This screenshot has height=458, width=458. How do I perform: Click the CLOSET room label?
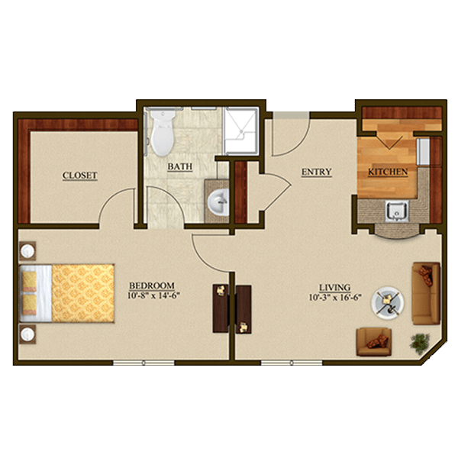point(79,176)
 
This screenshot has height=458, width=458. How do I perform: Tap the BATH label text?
point(180,166)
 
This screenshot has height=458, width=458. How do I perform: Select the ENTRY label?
point(317,172)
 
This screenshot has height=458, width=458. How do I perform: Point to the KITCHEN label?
point(388,172)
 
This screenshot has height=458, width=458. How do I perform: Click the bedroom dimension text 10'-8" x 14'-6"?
point(153,295)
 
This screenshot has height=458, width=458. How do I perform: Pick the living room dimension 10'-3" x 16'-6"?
point(335,298)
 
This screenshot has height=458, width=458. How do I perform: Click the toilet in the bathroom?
point(163,132)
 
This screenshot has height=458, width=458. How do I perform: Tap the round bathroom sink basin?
point(218,202)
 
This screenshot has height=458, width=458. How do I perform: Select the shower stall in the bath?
point(240,131)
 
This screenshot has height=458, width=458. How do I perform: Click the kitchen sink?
point(397,211)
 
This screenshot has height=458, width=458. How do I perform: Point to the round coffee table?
point(388,302)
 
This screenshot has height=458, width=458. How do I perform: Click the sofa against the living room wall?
point(426,293)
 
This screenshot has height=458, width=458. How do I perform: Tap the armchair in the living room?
point(374,341)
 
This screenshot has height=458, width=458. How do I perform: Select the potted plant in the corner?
point(419,343)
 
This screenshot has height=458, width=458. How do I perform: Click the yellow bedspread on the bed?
point(83,293)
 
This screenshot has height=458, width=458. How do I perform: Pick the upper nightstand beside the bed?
point(27,251)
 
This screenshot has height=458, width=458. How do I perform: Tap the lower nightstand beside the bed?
point(27,334)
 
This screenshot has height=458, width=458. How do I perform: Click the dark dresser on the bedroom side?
point(221,308)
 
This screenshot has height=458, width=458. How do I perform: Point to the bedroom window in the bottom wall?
point(144,363)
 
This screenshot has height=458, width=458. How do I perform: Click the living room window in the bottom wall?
point(292,363)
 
